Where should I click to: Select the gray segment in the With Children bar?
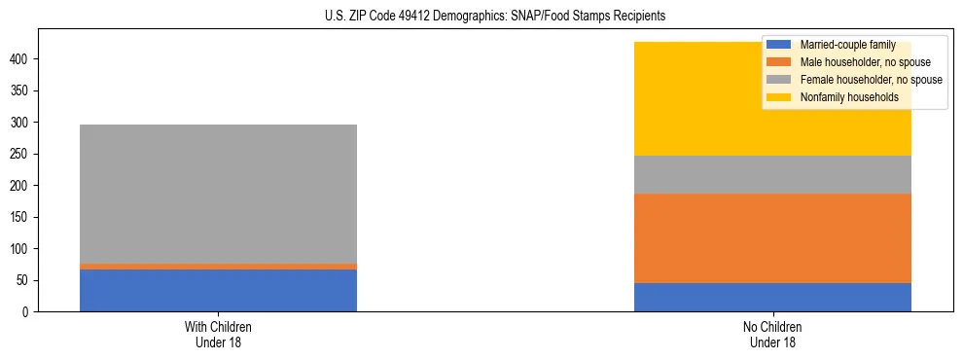point(218,194)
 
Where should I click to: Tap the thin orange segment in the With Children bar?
point(218,266)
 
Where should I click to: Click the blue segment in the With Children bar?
point(218,290)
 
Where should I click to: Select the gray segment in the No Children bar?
point(772,174)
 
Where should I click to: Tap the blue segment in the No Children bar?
point(772,297)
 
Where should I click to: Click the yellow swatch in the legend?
point(779,97)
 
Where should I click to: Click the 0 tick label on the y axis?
point(28,312)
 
